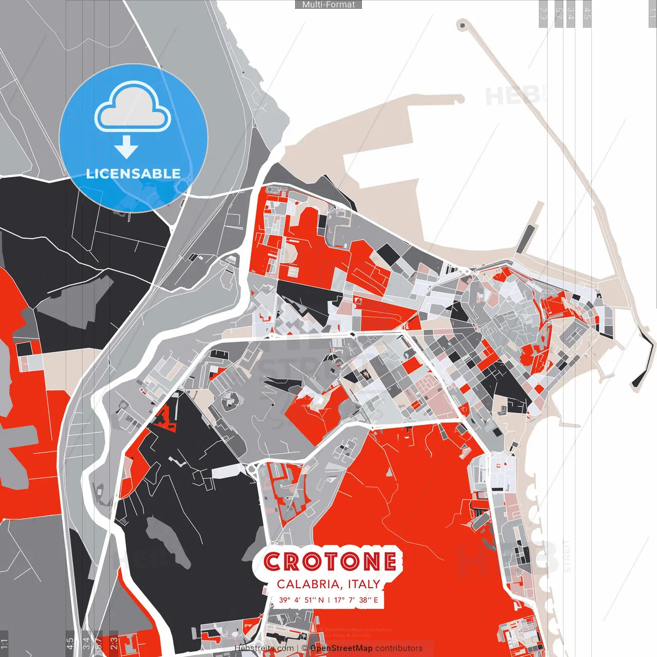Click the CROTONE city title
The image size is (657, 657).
point(330,562)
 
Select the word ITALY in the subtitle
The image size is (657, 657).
point(364,584)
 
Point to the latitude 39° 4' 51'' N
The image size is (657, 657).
point(301,600)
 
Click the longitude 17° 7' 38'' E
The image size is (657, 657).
point(356,600)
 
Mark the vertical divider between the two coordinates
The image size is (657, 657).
point(329,600)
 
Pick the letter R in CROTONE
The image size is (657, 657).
point(291,562)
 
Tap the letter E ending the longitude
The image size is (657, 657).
point(376,600)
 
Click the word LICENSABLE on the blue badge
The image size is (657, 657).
point(133,173)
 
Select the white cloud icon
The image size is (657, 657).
point(133,109)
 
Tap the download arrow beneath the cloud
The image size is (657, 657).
point(126,147)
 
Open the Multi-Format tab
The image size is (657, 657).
point(328,5)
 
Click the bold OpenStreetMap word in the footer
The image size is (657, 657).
point(341,648)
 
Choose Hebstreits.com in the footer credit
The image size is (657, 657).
point(264,648)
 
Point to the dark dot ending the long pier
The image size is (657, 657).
point(463,24)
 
